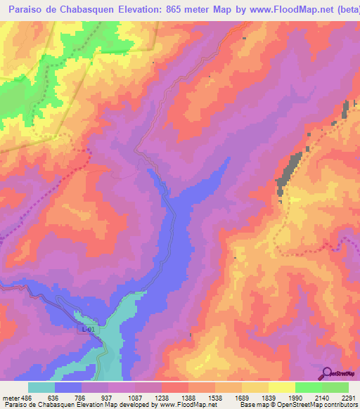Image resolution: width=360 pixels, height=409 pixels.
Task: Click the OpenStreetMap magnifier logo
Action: (326, 373)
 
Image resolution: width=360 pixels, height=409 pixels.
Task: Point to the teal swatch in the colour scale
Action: (41, 388)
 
